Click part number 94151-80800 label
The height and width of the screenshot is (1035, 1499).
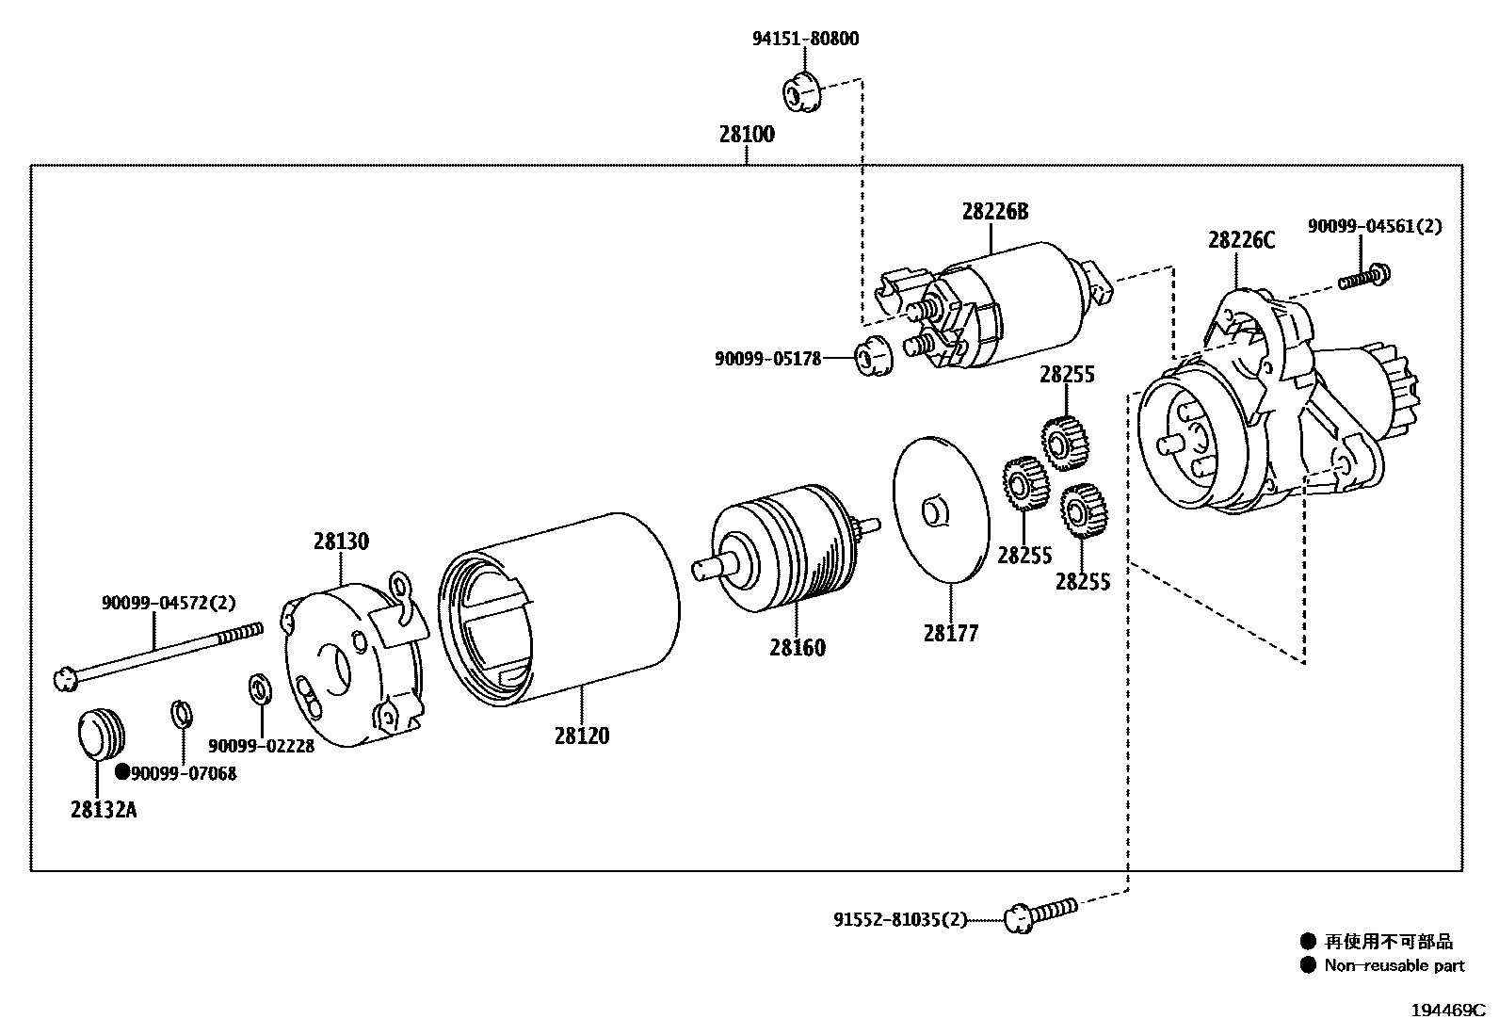(x=805, y=39)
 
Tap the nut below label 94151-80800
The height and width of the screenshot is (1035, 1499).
(x=802, y=91)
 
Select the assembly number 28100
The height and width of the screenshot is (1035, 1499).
(x=747, y=134)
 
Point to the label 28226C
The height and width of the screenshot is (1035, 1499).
(x=1241, y=240)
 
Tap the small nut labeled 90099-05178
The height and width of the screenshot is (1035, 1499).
(x=872, y=356)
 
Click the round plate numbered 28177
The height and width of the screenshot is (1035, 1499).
(x=942, y=509)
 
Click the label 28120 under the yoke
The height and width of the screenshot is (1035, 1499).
(x=581, y=736)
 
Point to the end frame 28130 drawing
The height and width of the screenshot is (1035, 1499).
(x=353, y=664)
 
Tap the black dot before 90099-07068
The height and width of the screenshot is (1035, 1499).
(x=121, y=772)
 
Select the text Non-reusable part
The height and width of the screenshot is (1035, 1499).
(x=1394, y=964)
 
